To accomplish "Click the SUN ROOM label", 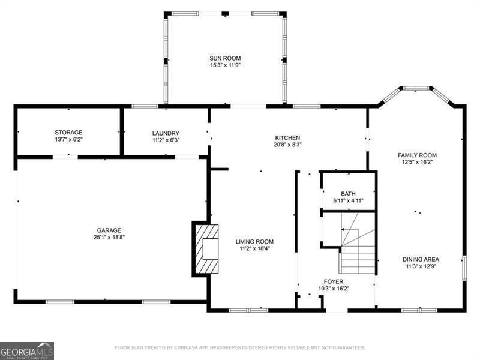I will pyautogui.click(x=225, y=58).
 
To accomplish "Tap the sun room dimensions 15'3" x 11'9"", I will pyautogui.click(x=225, y=65).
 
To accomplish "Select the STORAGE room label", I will pyautogui.click(x=68, y=133).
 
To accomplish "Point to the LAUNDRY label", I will pyautogui.click(x=166, y=133).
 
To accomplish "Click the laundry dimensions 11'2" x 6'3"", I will pyautogui.click(x=166, y=140).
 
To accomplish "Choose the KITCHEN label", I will pyautogui.click(x=288, y=137).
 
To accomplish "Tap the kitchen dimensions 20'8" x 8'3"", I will pyautogui.click(x=288, y=145).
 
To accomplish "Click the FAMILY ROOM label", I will pyautogui.click(x=417, y=155).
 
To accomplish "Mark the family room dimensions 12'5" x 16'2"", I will pyautogui.click(x=417, y=162).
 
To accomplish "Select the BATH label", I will pyautogui.click(x=348, y=193).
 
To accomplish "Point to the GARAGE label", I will pyautogui.click(x=109, y=230).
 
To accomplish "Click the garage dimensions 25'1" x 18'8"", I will pyautogui.click(x=109, y=237).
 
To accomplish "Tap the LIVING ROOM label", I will pyautogui.click(x=254, y=241).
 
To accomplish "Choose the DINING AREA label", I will pyautogui.click(x=421, y=259).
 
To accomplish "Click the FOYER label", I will pyautogui.click(x=334, y=281).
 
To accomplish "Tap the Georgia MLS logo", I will pyautogui.click(x=27, y=350).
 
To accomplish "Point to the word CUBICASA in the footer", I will pyautogui.click(x=190, y=347).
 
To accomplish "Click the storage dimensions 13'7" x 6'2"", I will pyautogui.click(x=68, y=140).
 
